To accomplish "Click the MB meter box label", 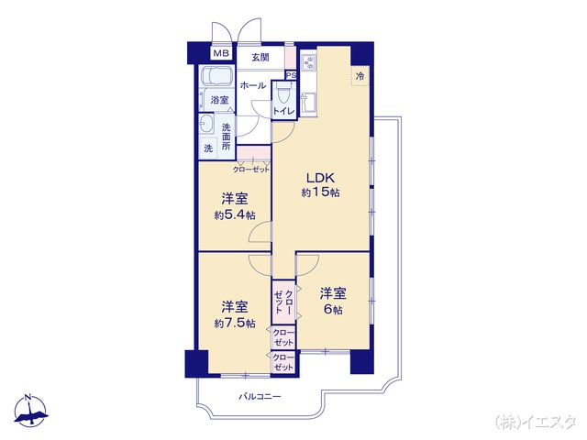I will pos(220,54).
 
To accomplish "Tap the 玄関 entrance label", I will pos(260,58).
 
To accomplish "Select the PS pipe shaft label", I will pos(290,75).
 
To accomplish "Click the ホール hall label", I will pos(253,85).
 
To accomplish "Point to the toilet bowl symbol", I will pos(283,94).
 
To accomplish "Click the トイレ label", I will pos(283,111).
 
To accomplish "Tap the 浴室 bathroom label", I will pos(219,99).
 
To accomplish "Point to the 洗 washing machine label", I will pos(208,148).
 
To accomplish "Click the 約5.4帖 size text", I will pos(234,214).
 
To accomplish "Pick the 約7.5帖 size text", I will pos(234,323).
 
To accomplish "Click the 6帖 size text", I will pos(332,311).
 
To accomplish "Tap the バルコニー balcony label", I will pos(260,397).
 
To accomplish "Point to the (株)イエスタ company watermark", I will pos(537,421).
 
